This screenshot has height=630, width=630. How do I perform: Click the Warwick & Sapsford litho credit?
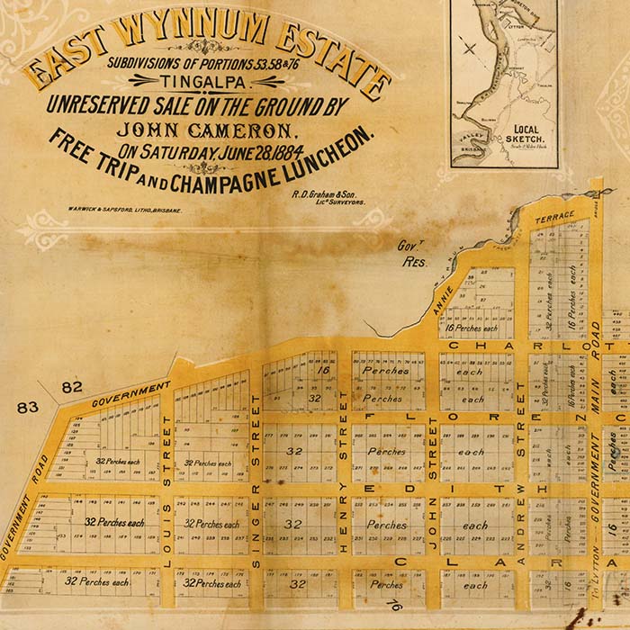[124, 209]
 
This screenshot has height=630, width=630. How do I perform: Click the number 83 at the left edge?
[28, 407]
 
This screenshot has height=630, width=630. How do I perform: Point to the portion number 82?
[72, 388]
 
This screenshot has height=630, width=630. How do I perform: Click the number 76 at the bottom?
[392, 606]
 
